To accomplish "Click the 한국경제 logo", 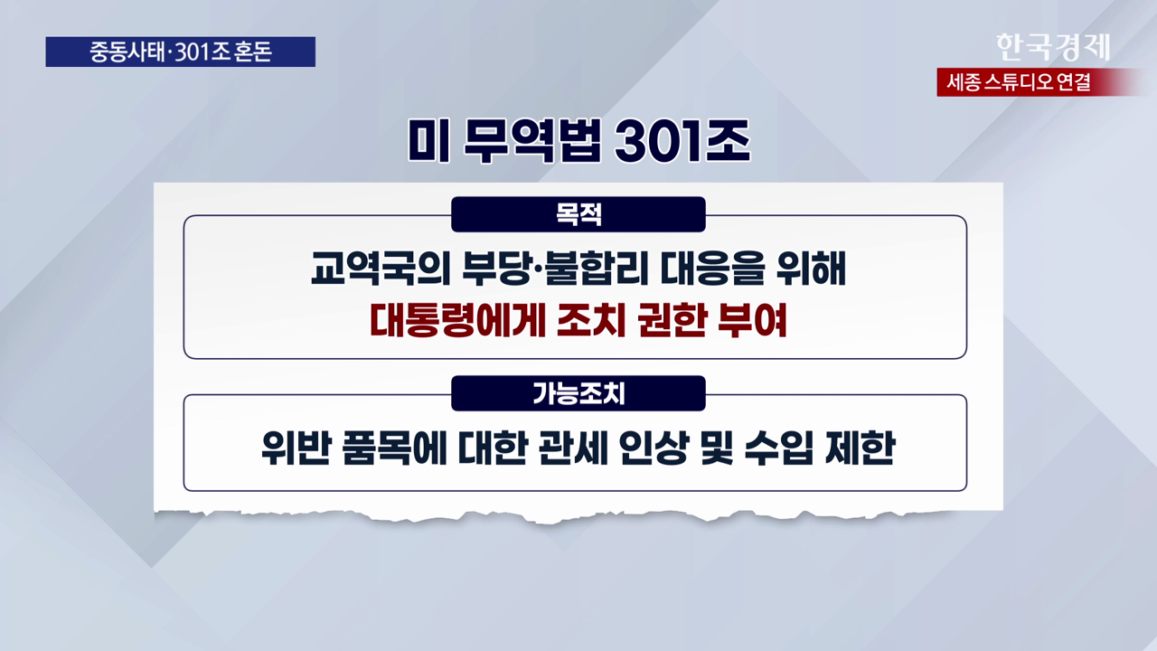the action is (1053, 47).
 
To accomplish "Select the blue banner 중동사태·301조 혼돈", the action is (180, 52).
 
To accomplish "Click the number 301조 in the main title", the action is (682, 140).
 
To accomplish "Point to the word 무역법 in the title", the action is (532, 140).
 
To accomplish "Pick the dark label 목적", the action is (578, 214).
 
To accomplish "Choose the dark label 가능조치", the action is (578, 393).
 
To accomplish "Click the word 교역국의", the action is (381, 268).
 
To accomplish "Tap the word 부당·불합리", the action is (555, 268).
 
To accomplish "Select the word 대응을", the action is (712, 268).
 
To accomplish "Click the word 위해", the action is (811, 268).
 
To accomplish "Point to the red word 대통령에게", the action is (457, 320).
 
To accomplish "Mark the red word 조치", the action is (591, 320).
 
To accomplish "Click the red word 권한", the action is (672, 320).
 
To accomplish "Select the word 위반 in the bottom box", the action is (296, 448).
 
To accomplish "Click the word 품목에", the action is (393, 448).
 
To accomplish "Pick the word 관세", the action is (572, 448).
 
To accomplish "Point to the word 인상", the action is (654, 448).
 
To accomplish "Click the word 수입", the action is (779, 448).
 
